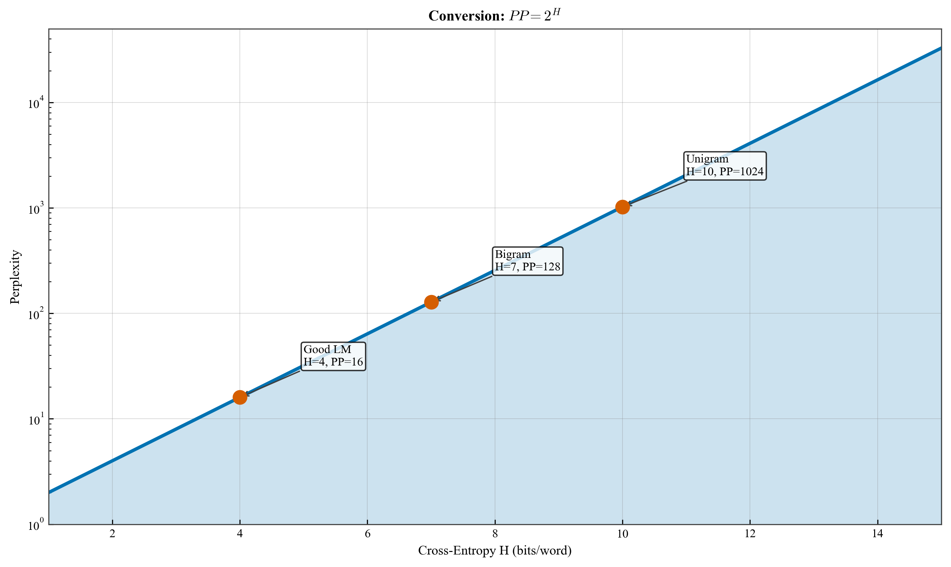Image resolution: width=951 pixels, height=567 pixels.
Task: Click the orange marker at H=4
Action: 240,397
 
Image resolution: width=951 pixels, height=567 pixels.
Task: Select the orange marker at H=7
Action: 431,302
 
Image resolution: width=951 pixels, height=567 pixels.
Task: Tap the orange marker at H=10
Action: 622,207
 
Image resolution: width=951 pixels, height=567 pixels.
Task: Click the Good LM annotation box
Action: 333,356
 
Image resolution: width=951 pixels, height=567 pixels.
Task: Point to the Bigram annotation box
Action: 527,261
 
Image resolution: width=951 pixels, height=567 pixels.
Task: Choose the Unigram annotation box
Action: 725,166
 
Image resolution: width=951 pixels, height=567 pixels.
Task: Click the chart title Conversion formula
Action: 495,16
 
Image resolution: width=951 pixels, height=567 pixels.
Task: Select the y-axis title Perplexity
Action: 15,277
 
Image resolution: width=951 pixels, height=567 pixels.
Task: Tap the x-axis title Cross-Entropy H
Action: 495,551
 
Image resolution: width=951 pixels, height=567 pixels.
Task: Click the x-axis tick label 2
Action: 112,534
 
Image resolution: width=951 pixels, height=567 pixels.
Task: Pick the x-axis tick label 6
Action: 367,534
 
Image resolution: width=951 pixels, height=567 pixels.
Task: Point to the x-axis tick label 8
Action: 495,534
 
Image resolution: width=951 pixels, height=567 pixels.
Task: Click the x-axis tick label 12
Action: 750,534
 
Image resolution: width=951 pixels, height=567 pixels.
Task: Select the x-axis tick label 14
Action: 878,534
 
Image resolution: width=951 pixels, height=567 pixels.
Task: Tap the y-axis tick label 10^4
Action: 36,103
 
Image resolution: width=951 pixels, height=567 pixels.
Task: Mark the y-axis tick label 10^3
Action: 36,209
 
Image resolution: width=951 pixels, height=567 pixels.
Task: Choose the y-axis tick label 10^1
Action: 36,420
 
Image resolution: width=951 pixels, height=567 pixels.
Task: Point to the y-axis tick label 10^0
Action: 36,525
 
